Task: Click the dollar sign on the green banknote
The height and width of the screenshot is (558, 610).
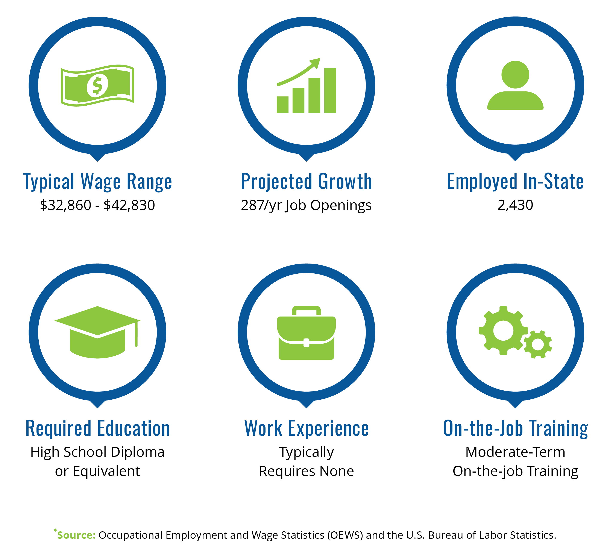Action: pyautogui.click(x=97, y=85)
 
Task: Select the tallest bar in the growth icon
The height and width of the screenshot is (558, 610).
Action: pyautogui.click(x=330, y=91)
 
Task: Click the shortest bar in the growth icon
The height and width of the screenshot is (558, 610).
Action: pyautogui.click(x=283, y=105)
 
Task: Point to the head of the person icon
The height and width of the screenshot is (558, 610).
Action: pyautogui.click(x=515, y=75)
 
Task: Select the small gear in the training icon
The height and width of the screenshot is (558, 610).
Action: pyautogui.click(x=538, y=345)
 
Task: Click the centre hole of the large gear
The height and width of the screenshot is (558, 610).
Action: pyautogui.click(x=503, y=331)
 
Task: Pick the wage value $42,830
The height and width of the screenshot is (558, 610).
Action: pyautogui.click(x=129, y=205)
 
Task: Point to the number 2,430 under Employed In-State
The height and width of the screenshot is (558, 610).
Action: pyautogui.click(x=515, y=205)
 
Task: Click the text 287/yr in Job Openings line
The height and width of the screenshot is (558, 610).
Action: pyautogui.click(x=261, y=205)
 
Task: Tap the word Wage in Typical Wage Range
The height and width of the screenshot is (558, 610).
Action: pyautogui.click(x=100, y=182)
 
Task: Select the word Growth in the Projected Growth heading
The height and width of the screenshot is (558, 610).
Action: pyautogui.click(x=345, y=182)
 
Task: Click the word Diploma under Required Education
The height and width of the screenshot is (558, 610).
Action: pyautogui.click(x=137, y=452)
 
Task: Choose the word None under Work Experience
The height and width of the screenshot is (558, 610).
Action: pyautogui.click(x=337, y=471)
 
